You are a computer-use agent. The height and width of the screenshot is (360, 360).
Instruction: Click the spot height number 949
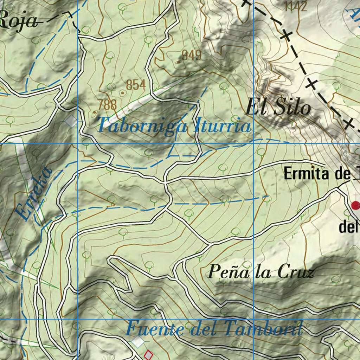point(192,55)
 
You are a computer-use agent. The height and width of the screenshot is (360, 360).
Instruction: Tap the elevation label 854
point(135,85)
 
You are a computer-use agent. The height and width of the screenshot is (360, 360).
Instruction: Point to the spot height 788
point(107,104)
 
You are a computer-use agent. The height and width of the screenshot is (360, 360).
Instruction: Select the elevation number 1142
point(296,6)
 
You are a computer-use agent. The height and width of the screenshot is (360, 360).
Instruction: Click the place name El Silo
point(278,107)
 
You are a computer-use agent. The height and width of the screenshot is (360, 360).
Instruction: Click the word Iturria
point(223,126)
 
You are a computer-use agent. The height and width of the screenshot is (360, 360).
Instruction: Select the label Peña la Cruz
point(261,272)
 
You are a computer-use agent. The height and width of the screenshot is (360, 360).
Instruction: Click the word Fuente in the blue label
point(155,329)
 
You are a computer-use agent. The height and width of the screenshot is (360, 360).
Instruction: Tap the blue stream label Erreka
point(33,194)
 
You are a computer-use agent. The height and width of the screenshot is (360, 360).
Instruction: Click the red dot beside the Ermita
point(356,205)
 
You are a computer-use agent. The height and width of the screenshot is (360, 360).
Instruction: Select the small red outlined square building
point(149,355)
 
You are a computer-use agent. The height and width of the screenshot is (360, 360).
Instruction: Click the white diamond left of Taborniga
point(72,121)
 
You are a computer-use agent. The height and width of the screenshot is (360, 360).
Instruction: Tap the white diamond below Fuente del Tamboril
point(138,341)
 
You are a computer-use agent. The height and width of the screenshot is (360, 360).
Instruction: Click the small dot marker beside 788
point(95,112)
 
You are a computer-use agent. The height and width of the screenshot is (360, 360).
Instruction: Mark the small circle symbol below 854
point(122,93)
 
